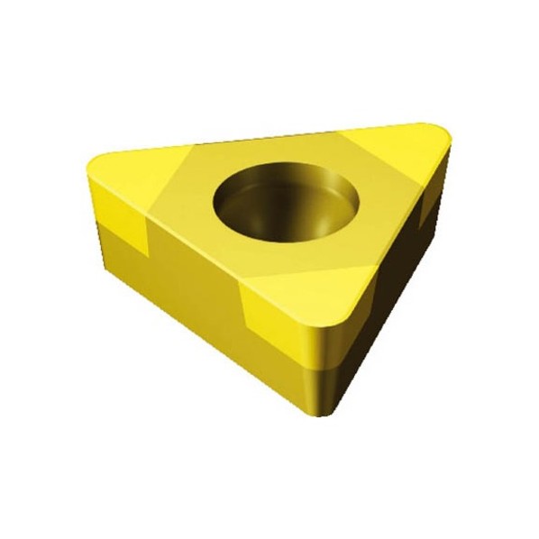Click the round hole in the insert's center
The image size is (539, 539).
286,201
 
